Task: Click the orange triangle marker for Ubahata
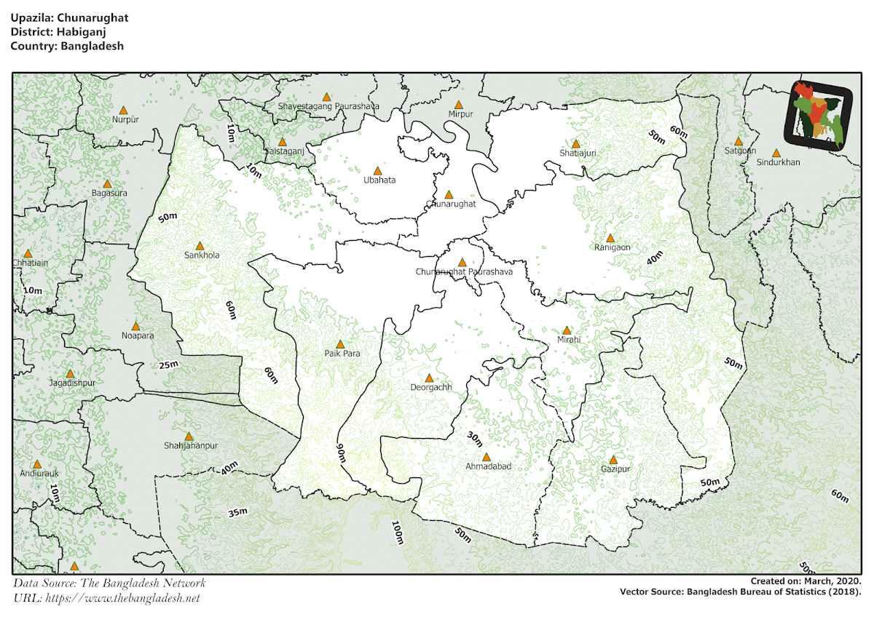tap(377, 171)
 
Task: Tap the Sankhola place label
tap(202, 255)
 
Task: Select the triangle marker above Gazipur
tap(613, 460)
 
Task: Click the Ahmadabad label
tap(488, 466)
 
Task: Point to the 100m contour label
tap(397, 533)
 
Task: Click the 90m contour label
tap(341, 453)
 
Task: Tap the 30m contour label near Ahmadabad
tap(475, 439)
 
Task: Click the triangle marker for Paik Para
tap(339, 344)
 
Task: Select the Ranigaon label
tap(612, 247)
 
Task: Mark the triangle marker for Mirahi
tap(567, 330)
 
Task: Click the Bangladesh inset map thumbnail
tap(821, 116)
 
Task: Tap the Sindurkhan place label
tap(778, 162)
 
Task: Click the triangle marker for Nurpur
tap(123, 111)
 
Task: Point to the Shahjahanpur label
tap(191, 445)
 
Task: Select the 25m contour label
tap(168, 365)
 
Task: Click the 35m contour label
tap(237, 513)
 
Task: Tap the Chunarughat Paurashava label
tap(464, 271)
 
